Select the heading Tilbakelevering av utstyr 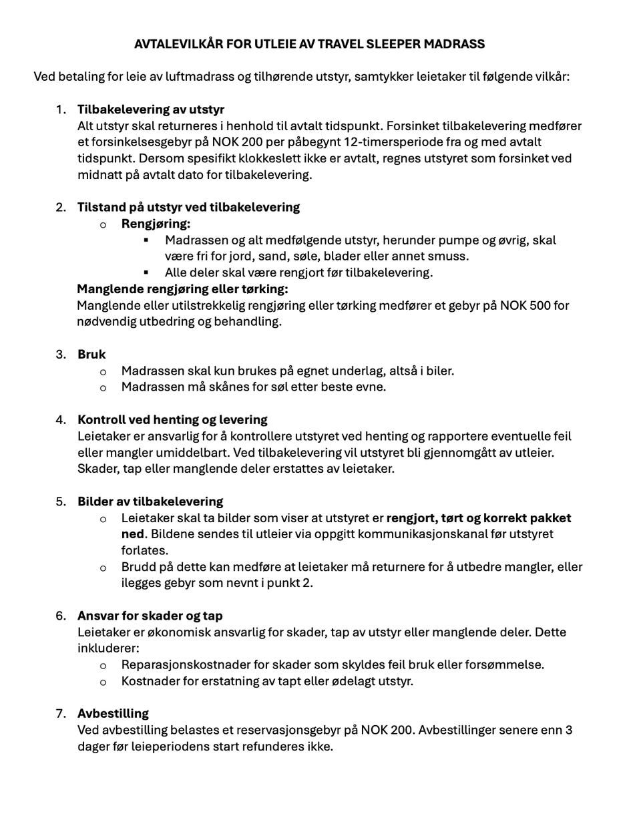(151, 110)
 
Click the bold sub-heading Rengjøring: (156, 224)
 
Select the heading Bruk (91, 354)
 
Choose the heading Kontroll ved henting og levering (172, 420)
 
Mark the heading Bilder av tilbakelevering (150, 501)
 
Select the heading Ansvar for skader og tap (150, 616)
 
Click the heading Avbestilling (113, 713)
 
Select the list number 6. (61, 616)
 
